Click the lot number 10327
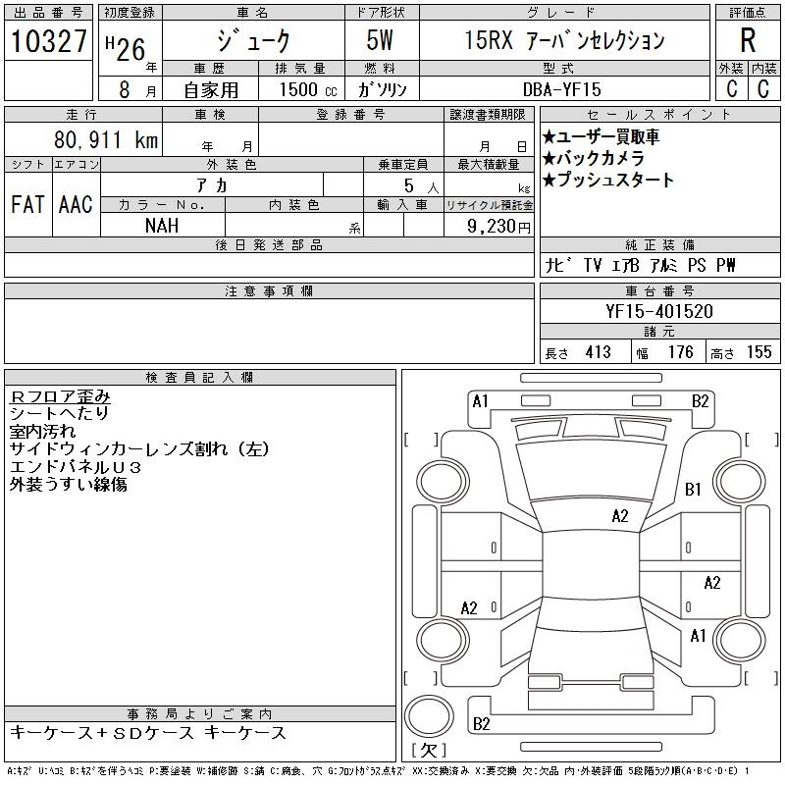(x=48, y=41)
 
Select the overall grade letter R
(x=748, y=41)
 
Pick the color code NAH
(x=163, y=225)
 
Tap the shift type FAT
(x=27, y=204)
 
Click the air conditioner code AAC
(x=76, y=204)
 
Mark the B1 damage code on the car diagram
(x=694, y=489)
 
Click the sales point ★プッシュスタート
(x=607, y=180)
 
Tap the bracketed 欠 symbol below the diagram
(x=429, y=751)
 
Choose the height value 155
(x=759, y=352)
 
